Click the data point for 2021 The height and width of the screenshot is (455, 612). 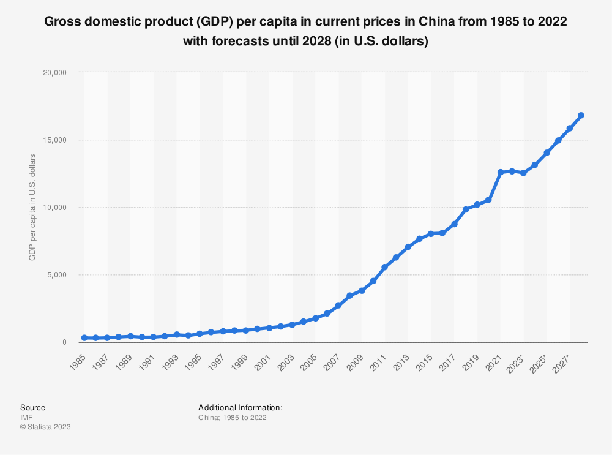tap(501, 172)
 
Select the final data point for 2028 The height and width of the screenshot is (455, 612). tap(581, 115)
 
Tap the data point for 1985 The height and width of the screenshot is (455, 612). tap(84, 337)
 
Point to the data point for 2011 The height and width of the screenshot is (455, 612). tap(384, 267)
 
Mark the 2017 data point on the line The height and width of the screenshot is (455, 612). tap(454, 224)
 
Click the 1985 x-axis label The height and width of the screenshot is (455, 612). tap(78, 356)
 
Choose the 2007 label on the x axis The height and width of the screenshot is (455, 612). tap(332, 356)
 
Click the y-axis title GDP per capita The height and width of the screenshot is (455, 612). tap(32, 207)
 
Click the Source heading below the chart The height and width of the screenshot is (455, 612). tap(32, 407)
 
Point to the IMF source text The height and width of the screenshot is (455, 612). tap(26, 417)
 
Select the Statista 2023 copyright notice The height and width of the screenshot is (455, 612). tap(45, 427)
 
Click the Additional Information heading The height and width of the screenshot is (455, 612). tap(240, 407)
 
